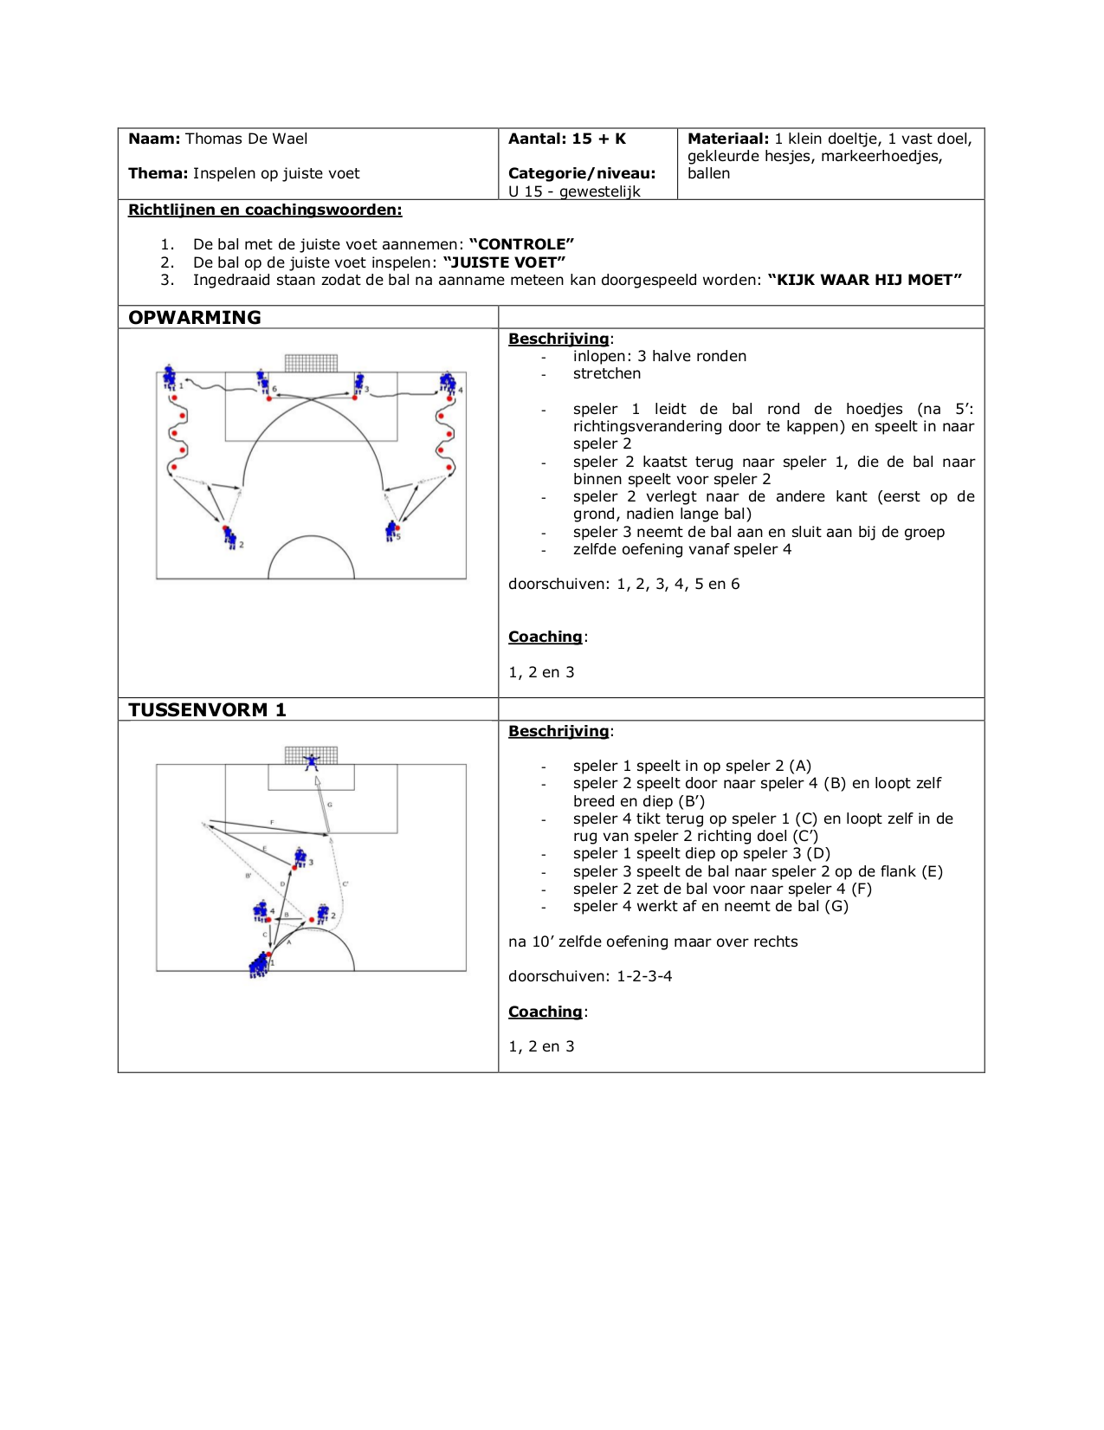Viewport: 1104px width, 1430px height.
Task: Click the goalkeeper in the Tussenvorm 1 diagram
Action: click(311, 762)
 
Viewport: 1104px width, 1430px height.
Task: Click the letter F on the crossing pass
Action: click(272, 822)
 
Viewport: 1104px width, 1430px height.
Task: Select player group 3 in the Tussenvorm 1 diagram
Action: click(300, 857)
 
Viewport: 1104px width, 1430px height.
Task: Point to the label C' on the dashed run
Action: click(345, 883)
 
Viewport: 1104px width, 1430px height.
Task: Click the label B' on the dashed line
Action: click(249, 876)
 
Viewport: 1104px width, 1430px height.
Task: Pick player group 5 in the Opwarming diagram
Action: click(392, 530)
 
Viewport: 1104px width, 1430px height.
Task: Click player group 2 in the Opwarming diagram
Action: click(229, 537)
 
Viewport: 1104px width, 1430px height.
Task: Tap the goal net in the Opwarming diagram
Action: click(311, 363)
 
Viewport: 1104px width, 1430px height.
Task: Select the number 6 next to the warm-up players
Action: click(274, 390)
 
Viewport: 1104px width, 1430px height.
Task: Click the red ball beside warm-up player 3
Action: click(355, 398)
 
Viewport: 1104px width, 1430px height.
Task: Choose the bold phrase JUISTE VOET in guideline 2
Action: click(504, 262)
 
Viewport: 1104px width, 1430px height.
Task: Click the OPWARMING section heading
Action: click(195, 317)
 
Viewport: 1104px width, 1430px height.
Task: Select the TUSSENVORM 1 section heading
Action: click(207, 709)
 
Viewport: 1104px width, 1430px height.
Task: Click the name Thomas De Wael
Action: click(246, 139)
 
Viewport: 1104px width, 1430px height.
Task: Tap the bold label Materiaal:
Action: click(727, 139)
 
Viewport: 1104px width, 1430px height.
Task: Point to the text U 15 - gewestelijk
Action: click(574, 191)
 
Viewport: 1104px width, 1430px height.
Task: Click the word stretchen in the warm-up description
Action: click(607, 373)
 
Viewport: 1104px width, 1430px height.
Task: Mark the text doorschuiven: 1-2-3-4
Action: click(590, 976)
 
